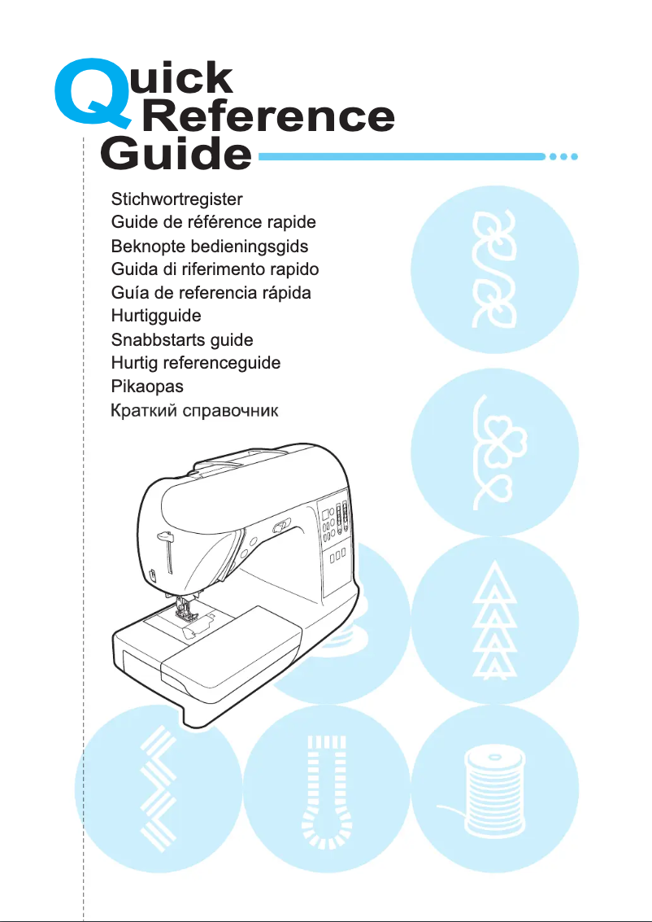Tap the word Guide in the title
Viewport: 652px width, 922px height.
click(175, 155)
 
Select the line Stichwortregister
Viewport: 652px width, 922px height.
click(176, 198)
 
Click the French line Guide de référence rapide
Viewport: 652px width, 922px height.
click(213, 221)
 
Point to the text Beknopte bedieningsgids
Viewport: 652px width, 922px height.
click(209, 245)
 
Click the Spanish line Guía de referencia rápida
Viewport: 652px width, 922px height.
click(211, 292)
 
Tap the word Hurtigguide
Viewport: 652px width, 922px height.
click(155, 315)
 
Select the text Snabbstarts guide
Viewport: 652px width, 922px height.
click(182, 339)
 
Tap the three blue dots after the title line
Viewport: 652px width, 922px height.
click(563, 156)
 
